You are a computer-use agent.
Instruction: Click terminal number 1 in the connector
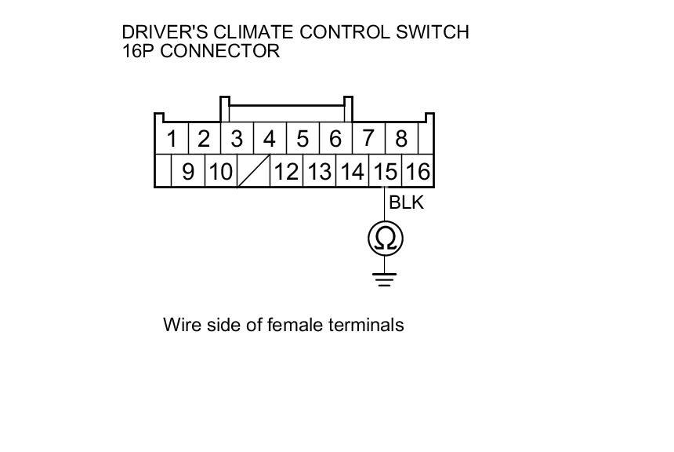coord(172,140)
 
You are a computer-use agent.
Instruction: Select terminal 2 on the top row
coord(204,140)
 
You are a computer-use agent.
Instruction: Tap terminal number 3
coord(237,140)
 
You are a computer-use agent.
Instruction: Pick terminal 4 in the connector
coord(270,140)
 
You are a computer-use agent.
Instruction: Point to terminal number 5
coord(303,140)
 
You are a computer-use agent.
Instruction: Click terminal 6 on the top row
coord(335,140)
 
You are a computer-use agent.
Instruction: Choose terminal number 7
coord(368,140)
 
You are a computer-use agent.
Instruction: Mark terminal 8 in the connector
coord(401,140)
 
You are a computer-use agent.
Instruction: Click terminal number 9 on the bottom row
coord(188,171)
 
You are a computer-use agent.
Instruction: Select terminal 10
coord(221,171)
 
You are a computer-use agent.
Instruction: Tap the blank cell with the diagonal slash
coord(253,171)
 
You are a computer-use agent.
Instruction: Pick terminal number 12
coord(286,171)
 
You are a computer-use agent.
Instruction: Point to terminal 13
coord(319,171)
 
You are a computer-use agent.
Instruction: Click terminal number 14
coord(352,171)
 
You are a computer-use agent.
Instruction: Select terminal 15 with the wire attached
coord(385,171)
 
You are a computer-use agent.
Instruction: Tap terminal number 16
coord(417,171)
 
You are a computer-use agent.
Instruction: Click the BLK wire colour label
coord(406,202)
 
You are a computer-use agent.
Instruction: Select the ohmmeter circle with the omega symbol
coord(385,239)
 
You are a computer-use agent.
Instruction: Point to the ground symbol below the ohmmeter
coord(384,279)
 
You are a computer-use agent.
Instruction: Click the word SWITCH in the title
coord(433,32)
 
